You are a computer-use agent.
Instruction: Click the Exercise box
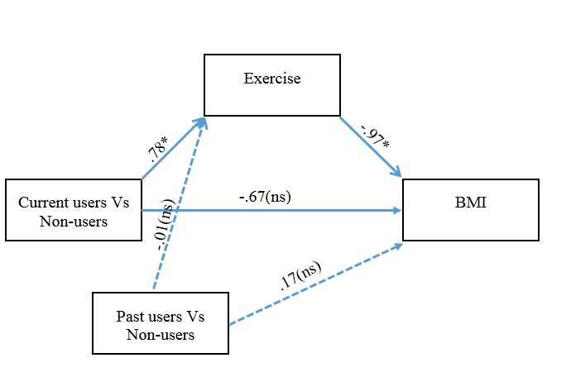coord(271,85)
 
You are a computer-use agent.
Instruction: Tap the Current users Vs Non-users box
coord(73,210)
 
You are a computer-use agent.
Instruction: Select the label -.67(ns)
coord(265,198)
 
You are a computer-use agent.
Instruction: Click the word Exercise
coord(271,79)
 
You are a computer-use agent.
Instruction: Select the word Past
coord(129,318)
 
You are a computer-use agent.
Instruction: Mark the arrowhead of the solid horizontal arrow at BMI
coord(397,211)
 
